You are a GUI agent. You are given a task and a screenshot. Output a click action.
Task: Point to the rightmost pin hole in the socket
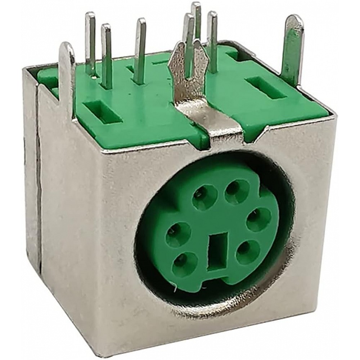pyautogui.click(x=258, y=219)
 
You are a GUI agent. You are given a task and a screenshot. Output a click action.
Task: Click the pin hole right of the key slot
pyautogui.click(x=248, y=251)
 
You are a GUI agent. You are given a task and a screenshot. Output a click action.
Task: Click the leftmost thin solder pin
pyautogui.click(x=90, y=43)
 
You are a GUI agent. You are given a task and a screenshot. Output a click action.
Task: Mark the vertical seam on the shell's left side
pyautogui.click(x=38, y=180)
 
